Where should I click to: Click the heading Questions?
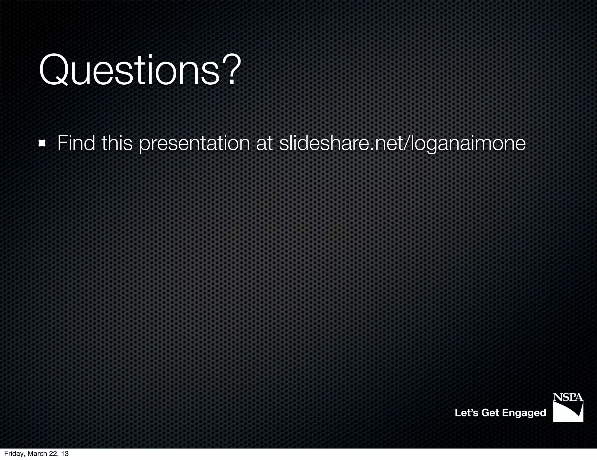point(140,71)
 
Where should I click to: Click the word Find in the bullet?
point(76,143)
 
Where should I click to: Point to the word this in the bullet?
point(117,143)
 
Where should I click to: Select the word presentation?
point(194,144)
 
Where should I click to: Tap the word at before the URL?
point(264,144)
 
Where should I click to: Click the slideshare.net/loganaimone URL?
point(402,144)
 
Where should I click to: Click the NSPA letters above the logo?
point(568,397)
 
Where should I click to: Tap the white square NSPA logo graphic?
point(568,412)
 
